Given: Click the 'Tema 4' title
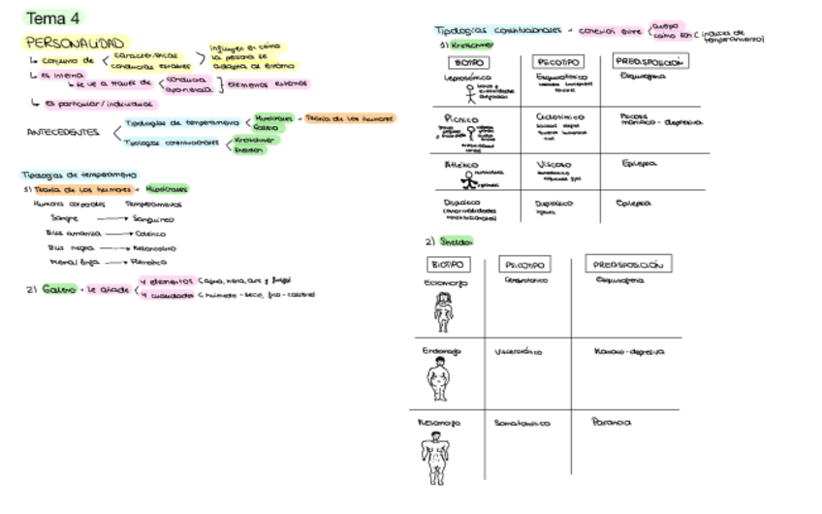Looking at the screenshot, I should pyautogui.click(x=52, y=17).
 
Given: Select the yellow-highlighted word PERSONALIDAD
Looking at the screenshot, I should pyautogui.click(x=75, y=43).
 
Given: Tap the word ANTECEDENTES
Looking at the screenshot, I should pyautogui.click(x=63, y=131).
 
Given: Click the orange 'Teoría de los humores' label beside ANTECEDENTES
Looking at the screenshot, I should pyautogui.click(x=350, y=118).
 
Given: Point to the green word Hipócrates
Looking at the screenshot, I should pyautogui.click(x=168, y=188).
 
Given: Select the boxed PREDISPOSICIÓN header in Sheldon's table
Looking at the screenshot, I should pyautogui.click(x=629, y=264).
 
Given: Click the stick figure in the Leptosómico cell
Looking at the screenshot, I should pyautogui.click(x=471, y=93).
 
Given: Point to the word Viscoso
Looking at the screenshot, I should pyautogui.click(x=553, y=165).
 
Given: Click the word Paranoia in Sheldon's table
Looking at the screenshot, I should pyautogui.click(x=611, y=422).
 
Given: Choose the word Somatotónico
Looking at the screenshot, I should pyautogui.click(x=522, y=423).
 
